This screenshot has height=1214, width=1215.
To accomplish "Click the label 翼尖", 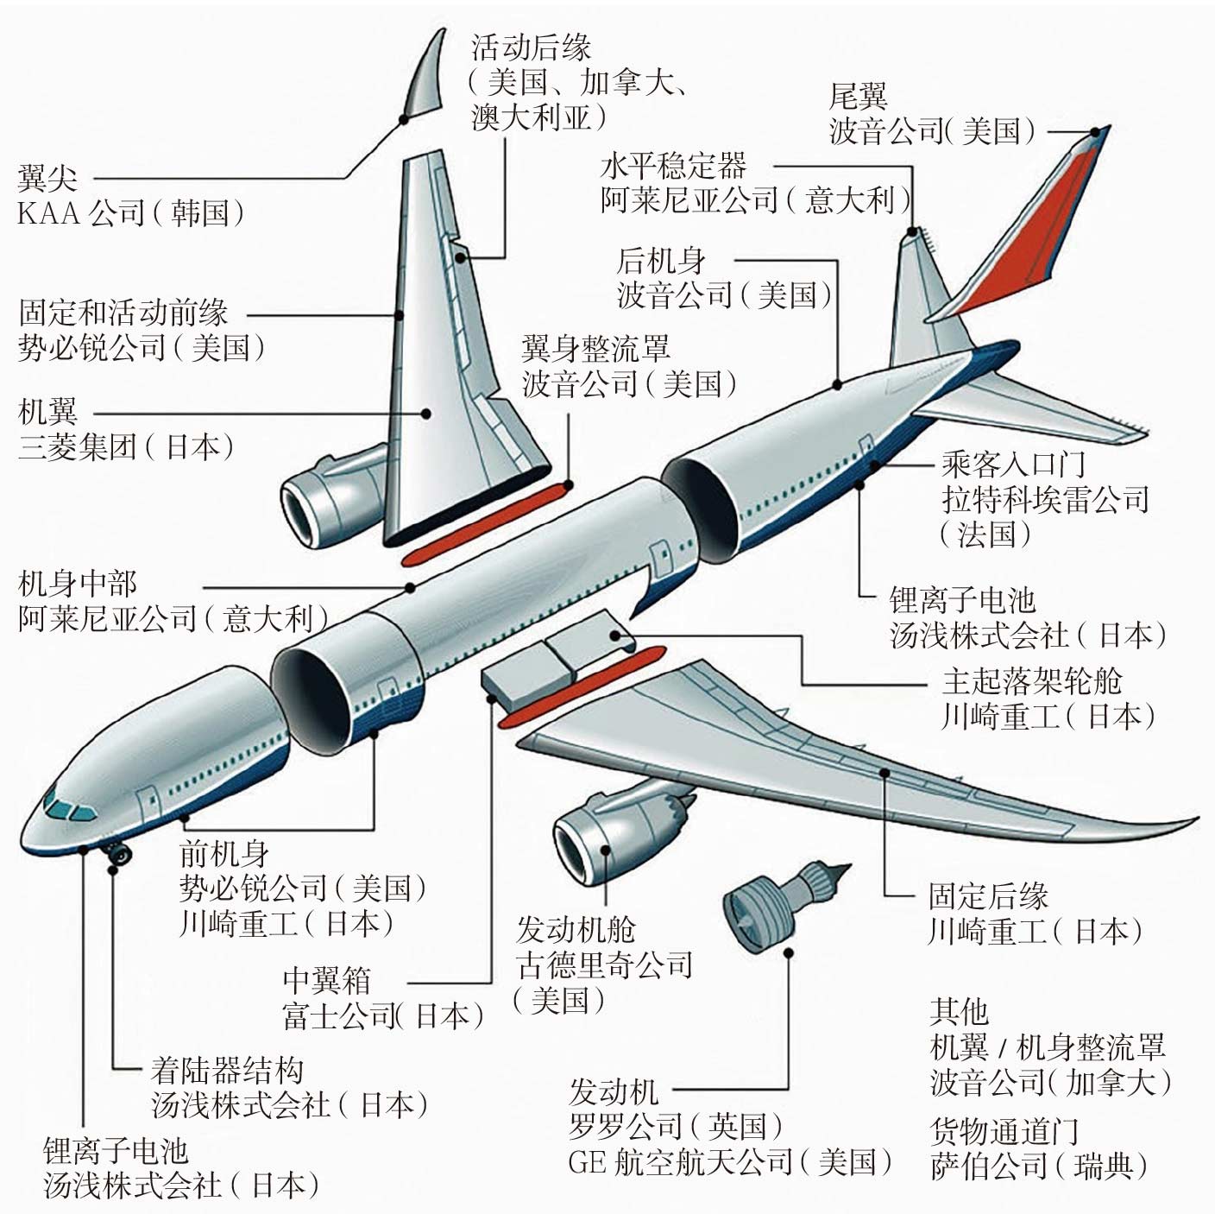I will click(x=47, y=179).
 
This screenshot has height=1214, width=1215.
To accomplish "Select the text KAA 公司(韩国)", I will click(x=130, y=213).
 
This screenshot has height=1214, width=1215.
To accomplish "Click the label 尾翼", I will click(x=858, y=96).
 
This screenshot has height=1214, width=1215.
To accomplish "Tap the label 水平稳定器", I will click(x=673, y=165).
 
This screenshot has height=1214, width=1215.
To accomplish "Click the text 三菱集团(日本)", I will click(x=126, y=446).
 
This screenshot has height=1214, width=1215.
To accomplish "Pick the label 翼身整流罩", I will click(x=595, y=348).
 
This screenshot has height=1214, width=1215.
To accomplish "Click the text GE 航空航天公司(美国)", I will click(x=730, y=1162).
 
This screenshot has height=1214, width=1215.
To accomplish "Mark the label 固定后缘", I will click(x=988, y=895).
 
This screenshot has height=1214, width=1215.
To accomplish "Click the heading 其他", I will click(x=958, y=1011).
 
